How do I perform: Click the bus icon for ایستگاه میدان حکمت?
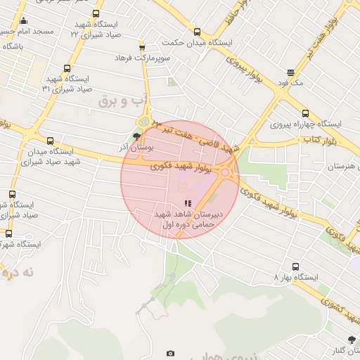coord(197,32)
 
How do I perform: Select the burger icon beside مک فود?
coord(291,72)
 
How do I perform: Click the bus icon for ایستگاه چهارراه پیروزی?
coord(304,113)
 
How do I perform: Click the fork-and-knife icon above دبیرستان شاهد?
coord(167,204)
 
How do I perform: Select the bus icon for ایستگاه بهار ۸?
coord(295,266)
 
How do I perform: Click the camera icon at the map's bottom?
coord(169,353)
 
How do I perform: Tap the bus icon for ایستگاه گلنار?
coord(351,339)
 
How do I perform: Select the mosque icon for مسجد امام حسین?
coord(23,20)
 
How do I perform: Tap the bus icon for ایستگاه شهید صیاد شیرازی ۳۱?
coord(67,69)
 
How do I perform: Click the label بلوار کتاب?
coord(317,140)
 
